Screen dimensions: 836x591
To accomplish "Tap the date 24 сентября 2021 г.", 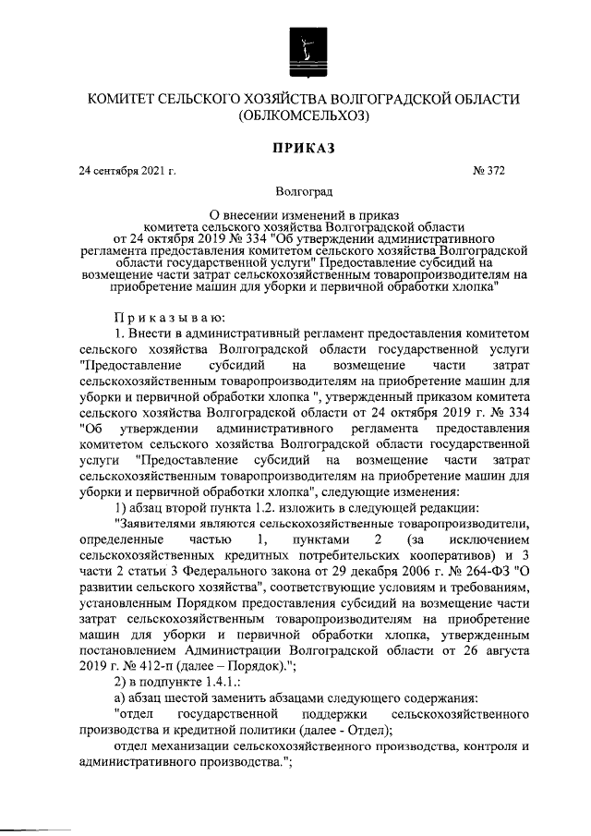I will [x=127, y=171].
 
